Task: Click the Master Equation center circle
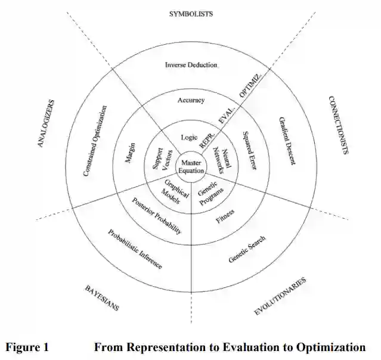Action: tap(191, 166)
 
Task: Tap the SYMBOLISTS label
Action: tap(191, 13)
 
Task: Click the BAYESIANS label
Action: tap(101, 297)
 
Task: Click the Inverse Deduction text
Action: tap(191, 64)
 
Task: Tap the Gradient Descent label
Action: tap(287, 141)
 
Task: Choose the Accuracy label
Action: tap(191, 100)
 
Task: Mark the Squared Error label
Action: tap(249, 151)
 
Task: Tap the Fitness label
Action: tap(225, 216)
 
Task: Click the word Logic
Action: tap(189, 138)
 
